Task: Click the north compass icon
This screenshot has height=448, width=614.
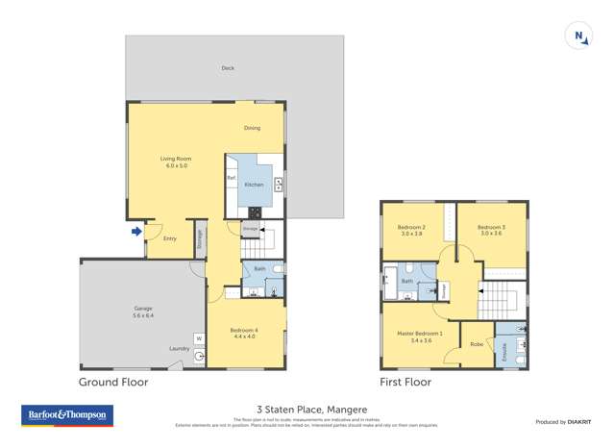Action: point(579,36)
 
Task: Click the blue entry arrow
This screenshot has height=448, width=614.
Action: point(136,231)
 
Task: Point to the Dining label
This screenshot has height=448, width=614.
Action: point(252,128)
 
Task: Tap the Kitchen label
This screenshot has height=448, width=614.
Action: point(254,184)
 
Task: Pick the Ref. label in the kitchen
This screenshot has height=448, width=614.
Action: point(232,178)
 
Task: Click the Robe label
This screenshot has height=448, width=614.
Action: point(476,343)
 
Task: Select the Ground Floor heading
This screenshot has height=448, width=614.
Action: point(112,382)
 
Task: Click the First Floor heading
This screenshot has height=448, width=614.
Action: point(405,382)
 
